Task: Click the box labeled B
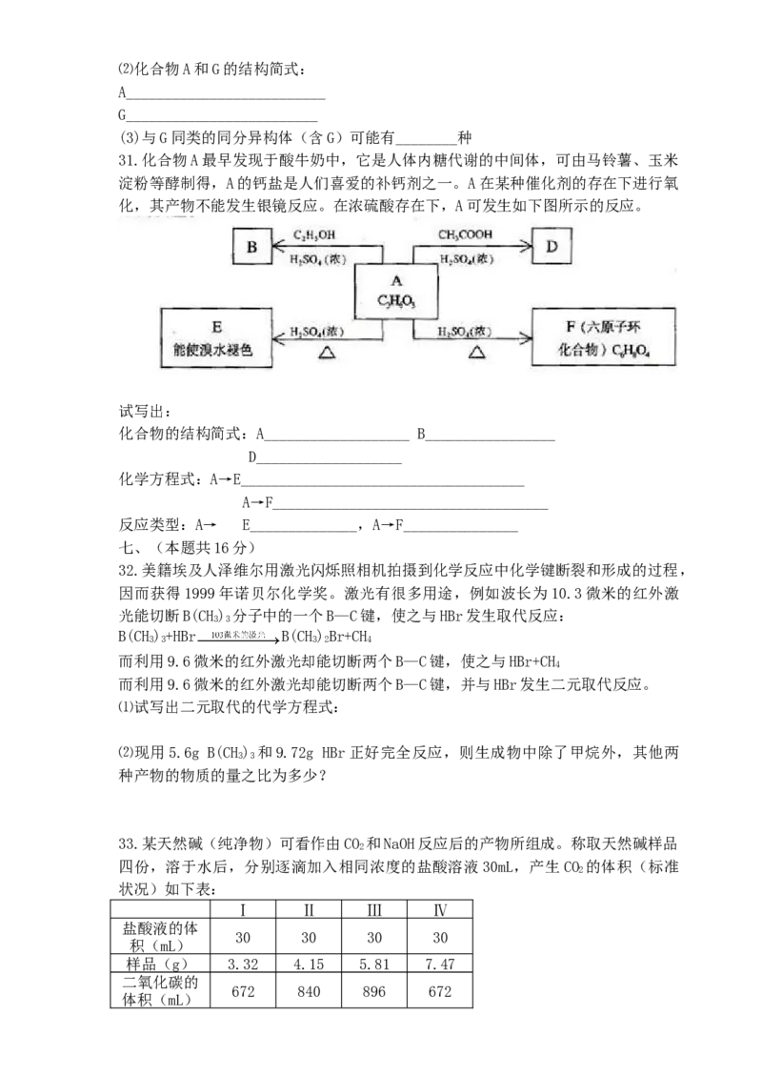point(252,248)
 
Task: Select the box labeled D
point(551,248)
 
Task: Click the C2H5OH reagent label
point(314,234)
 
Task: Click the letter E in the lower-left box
point(215,327)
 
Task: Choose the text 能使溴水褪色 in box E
point(214,351)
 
